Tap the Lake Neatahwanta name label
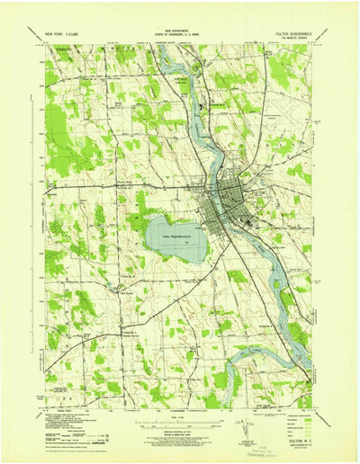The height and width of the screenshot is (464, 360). click(175, 236)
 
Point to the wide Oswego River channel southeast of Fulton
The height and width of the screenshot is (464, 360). click(270, 270)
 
